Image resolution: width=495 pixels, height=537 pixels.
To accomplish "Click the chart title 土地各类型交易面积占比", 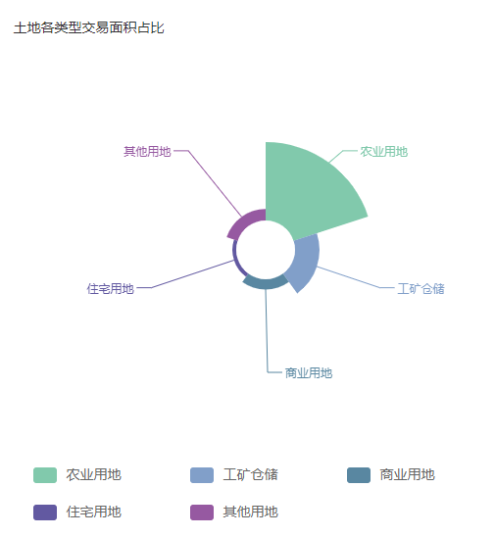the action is tap(89, 27).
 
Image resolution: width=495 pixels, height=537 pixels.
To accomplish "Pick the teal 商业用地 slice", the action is tap(266, 283).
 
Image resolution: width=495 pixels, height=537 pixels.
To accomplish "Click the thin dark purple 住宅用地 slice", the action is tap(235, 259).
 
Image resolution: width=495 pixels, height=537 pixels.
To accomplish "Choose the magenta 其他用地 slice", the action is tap(244, 221).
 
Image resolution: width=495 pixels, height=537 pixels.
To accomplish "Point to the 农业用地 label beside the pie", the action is tap(383, 151).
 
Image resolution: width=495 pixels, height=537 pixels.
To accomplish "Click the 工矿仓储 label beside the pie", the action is tap(421, 289).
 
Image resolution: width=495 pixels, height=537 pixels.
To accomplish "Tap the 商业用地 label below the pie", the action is tap(309, 373).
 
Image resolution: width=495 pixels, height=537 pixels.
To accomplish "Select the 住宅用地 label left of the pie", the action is tap(111, 289).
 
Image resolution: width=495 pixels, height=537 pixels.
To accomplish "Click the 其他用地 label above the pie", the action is tap(147, 151).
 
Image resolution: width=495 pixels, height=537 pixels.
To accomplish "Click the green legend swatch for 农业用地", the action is tap(45, 475).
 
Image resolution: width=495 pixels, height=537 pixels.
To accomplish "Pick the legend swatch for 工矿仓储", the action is tap(202, 475).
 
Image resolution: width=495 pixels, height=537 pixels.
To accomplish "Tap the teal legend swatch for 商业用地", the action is tap(359, 475).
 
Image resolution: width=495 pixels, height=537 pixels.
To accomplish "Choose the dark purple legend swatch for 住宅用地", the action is tap(45, 513).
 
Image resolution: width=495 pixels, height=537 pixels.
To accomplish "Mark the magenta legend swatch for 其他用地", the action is tap(202, 513).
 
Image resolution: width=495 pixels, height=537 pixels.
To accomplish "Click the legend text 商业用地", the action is tap(408, 475).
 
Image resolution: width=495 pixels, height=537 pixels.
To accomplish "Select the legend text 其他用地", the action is tap(250, 513).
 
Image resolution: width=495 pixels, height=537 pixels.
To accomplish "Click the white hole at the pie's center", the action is tap(266, 250).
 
